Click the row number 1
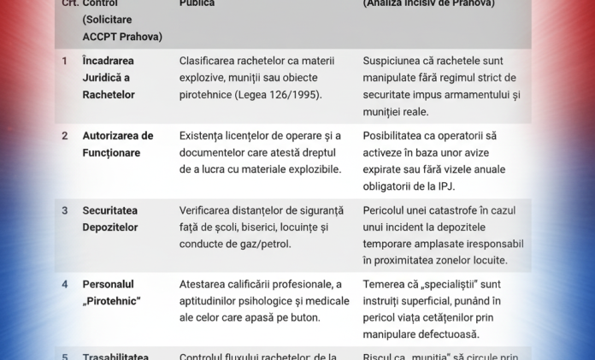[65, 61]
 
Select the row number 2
[65, 135]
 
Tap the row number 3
[65, 210]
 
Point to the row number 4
[65, 284]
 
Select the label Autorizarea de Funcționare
[118, 144]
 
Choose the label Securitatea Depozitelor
[110, 218]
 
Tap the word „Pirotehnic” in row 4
[111, 301]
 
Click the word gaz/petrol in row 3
[262, 244]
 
